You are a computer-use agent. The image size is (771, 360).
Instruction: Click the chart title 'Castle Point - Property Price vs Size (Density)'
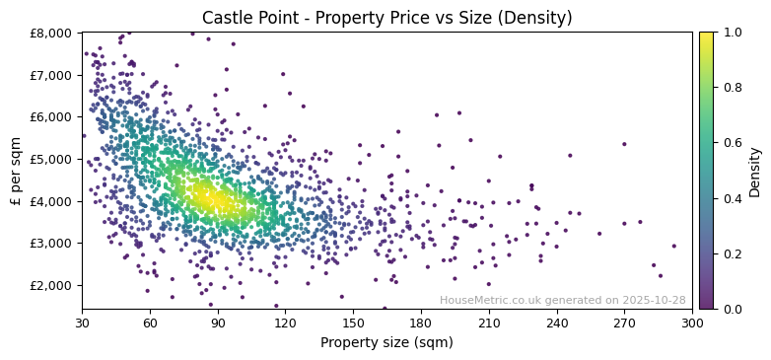point(386,18)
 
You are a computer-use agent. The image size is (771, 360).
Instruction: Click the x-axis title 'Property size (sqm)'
point(386,343)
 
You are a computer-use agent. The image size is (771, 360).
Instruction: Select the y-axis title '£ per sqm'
point(17,171)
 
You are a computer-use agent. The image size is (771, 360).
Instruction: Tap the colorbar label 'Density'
point(754,171)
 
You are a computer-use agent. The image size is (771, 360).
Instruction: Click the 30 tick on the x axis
point(82,323)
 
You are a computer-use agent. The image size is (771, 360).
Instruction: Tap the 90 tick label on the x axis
point(218,323)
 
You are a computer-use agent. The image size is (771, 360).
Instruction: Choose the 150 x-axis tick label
point(353,323)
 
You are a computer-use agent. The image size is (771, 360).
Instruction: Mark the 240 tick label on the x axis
point(557,323)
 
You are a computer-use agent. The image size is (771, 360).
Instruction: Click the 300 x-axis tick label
point(692,323)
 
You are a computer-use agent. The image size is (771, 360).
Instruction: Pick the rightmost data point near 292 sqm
point(674,247)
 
